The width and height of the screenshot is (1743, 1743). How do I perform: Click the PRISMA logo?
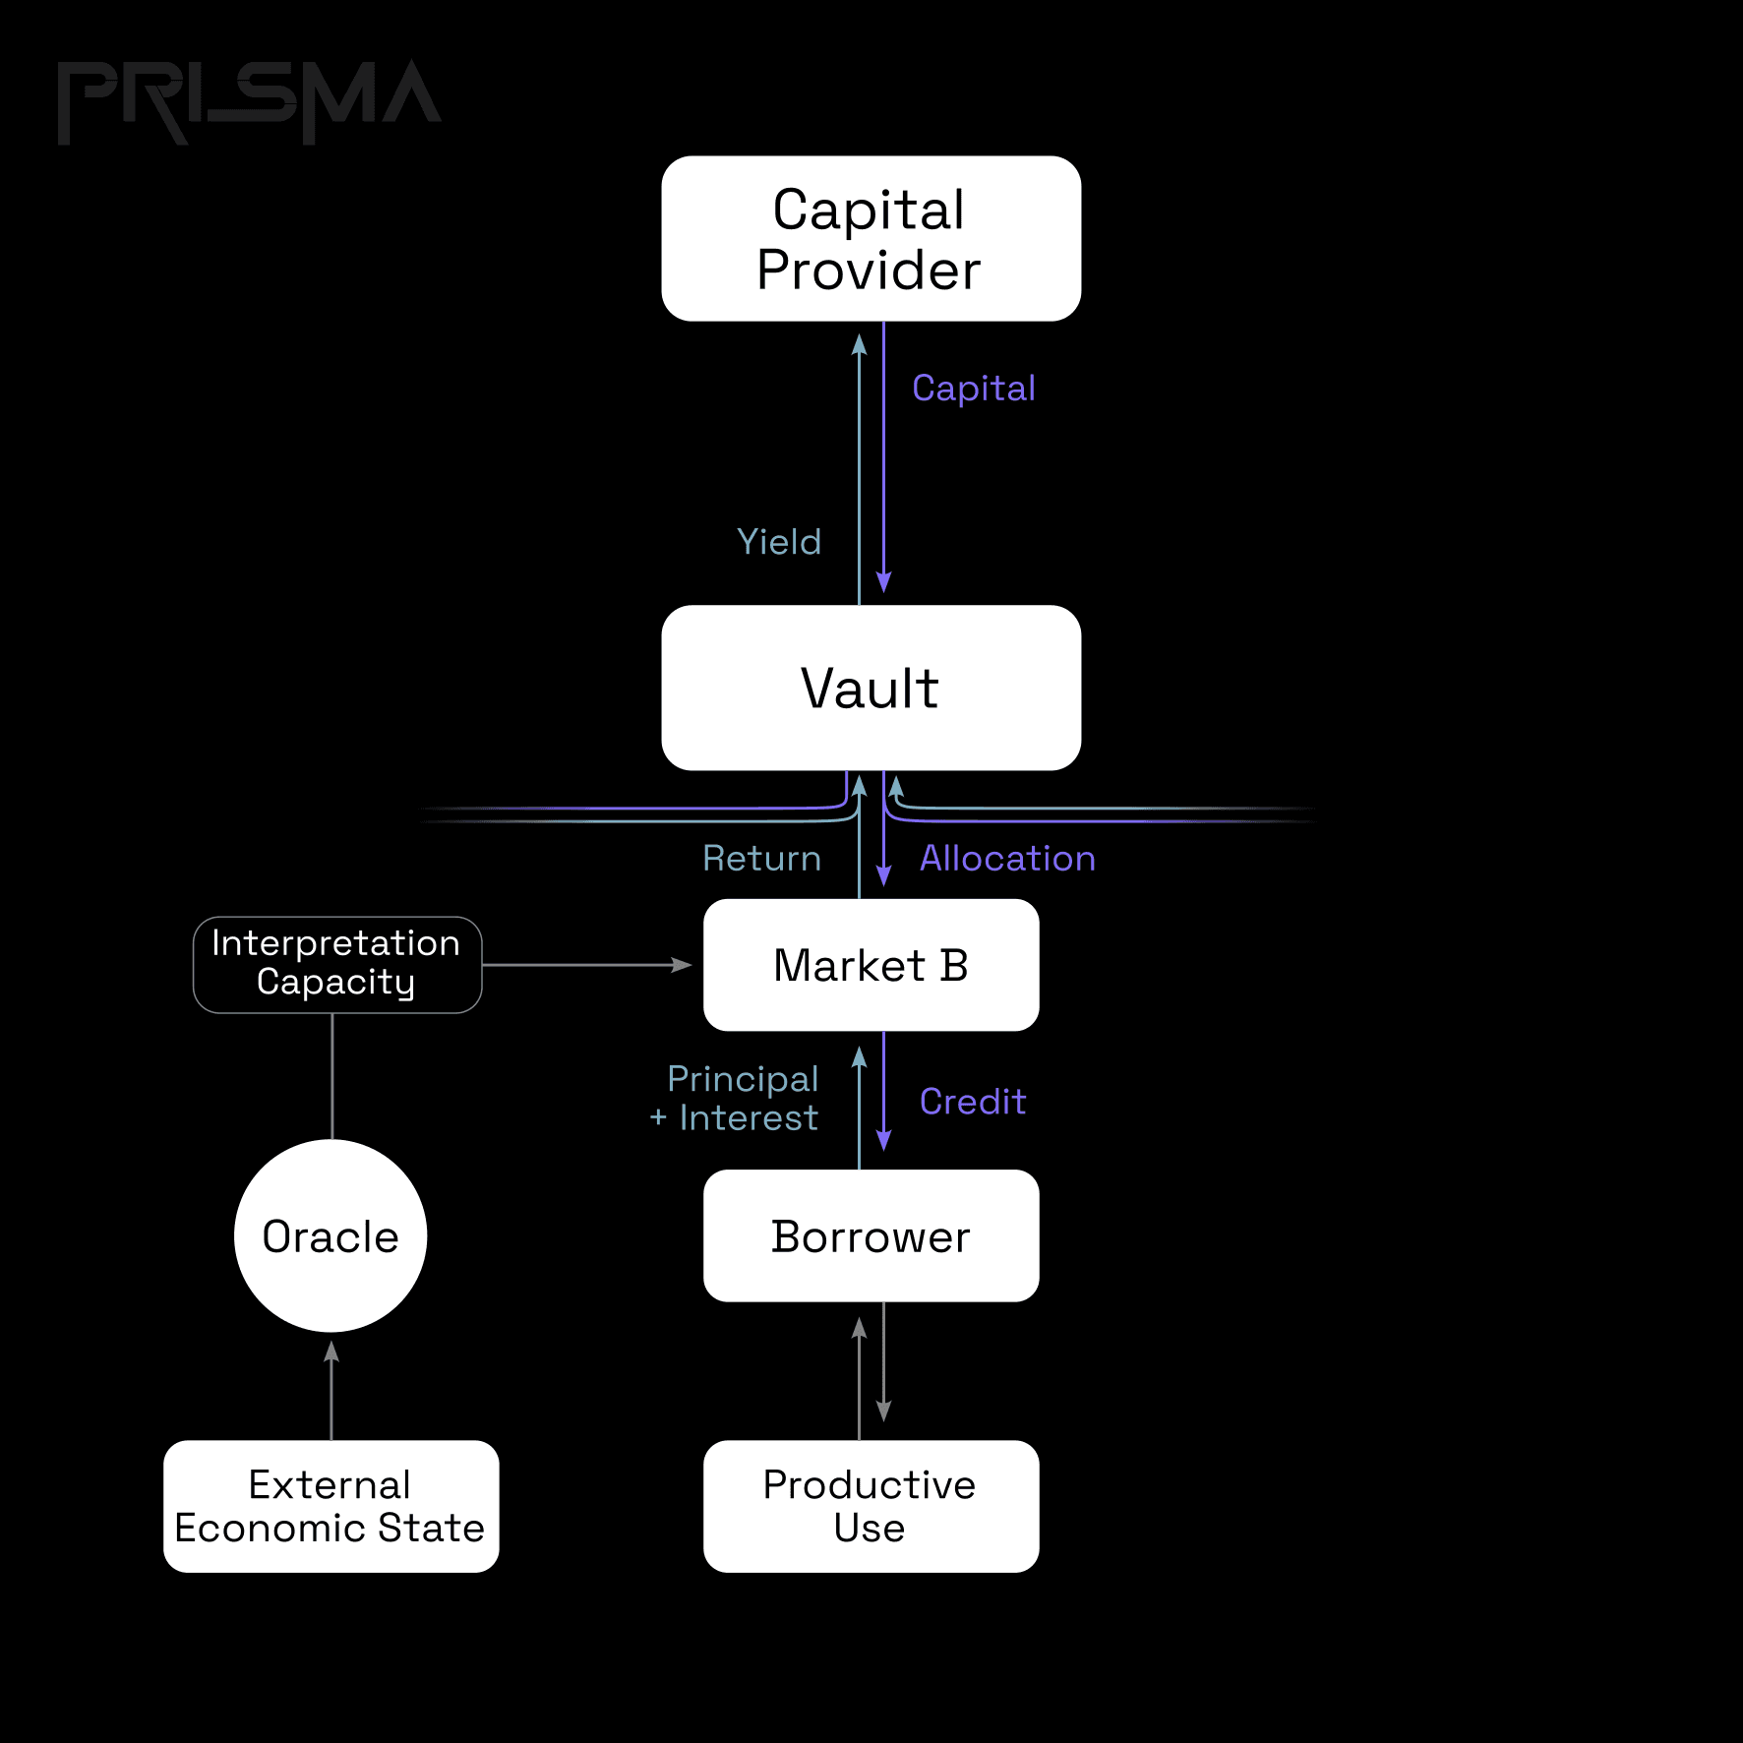[x=250, y=102]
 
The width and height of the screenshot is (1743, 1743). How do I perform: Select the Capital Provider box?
[x=871, y=238]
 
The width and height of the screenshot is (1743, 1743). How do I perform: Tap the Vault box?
[x=871, y=688]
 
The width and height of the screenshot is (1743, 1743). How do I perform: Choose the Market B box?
[x=871, y=965]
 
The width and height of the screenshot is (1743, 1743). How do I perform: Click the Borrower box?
[x=871, y=1235]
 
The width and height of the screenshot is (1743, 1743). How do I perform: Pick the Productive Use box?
[x=871, y=1506]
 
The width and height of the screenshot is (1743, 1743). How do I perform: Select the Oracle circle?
[x=331, y=1235]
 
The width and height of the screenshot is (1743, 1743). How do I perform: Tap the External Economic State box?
[x=331, y=1506]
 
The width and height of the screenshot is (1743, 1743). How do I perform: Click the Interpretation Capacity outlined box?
[x=337, y=965]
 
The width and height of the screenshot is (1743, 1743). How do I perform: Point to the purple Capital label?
[x=974, y=389]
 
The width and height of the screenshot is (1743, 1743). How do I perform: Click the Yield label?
[x=779, y=542]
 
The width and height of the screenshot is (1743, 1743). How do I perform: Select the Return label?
[x=762, y=859]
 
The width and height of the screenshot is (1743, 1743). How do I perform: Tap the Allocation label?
[x=1007, y=859]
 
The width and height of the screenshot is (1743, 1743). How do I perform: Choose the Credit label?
[x=973, y=1102]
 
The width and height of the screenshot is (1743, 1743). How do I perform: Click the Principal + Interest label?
[x=734, y=1099]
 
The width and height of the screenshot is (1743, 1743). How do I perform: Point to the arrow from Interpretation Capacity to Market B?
[x=587, y=965]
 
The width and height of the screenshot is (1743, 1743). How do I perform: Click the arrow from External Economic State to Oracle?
[x=331, y=1390]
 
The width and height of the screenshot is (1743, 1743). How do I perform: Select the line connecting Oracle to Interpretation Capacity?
[x=332, y=1076]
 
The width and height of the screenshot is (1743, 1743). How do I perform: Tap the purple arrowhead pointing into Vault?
[x=883, y=582]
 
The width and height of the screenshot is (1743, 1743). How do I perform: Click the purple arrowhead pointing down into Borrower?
[x=883, y=1139]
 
